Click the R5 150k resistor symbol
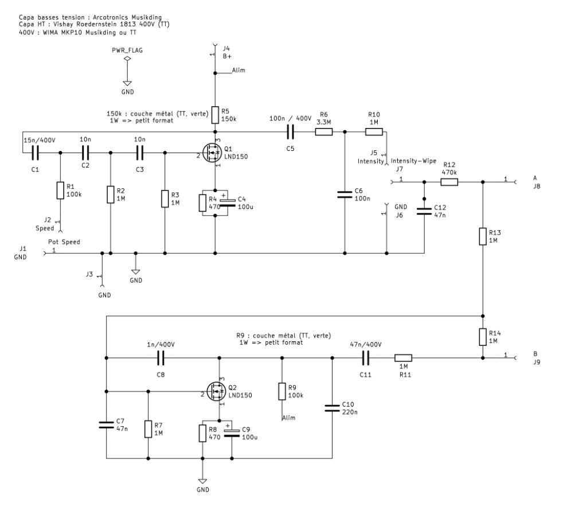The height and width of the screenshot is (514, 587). [x=215, y=115]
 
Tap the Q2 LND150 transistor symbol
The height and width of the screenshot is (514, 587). [x=217, y=392]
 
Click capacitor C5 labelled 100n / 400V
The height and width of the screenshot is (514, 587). [x=289, y=132]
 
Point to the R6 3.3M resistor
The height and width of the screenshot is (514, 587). [x=323, y=132]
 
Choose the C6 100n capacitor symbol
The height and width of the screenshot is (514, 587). [x=345, y=194]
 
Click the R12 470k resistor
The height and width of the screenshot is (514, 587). [x=449, y=182]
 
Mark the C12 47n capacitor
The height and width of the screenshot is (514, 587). [x=424, y=211]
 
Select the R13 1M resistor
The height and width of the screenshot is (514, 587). [x=483, y=236]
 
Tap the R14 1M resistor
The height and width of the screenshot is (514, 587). [x=483, y=336]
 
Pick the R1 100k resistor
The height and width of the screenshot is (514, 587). [x=60, y=190]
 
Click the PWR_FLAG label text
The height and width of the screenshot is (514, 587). [x=127, y=50]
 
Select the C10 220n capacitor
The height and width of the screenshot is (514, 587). [x=332, y=408]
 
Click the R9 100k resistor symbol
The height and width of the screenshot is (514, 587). [x=281, y=392]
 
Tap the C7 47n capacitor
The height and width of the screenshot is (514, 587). [x=107, y=425]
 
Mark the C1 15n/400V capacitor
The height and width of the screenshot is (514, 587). [x=34, y=153]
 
